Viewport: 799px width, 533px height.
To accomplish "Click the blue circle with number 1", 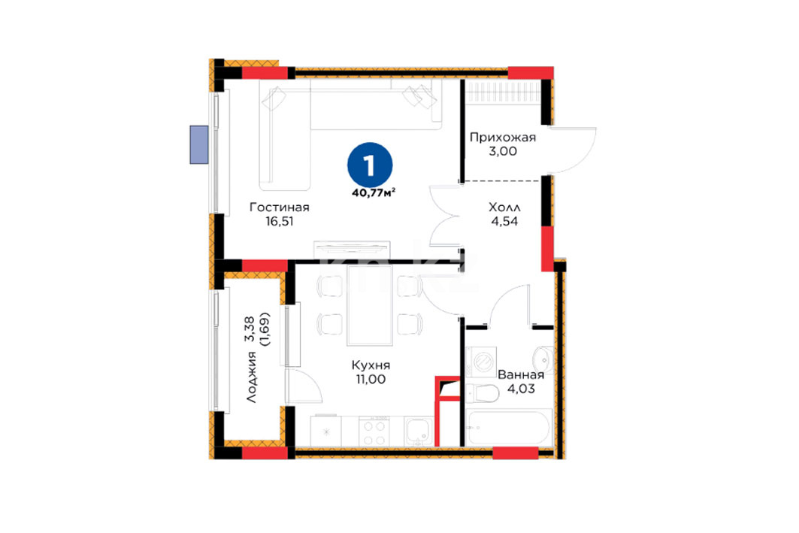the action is (370, 165).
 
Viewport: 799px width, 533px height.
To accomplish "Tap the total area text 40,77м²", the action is (374, 192).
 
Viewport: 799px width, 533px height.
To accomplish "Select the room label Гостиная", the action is (280, 207).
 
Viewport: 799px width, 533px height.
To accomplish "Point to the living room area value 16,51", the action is (280, 221).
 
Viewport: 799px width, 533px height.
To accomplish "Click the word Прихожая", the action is (503, 137).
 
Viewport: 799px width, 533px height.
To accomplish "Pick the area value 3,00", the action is (503, 151).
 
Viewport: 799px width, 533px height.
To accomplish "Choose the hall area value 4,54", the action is (504, 221).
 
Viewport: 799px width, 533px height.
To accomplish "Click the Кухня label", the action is (371, 365).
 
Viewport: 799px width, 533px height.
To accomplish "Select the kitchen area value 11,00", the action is (371, 380).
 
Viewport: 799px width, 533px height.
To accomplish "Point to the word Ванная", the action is (521, 374).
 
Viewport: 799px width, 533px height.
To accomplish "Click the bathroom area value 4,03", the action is (521, 389).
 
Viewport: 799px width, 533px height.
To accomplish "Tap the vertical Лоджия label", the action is (251, 377).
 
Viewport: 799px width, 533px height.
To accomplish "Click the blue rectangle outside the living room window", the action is (199, 145).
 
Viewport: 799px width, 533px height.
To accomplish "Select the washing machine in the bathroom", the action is (481, 362).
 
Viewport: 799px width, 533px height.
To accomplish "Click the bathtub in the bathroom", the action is (509, 427).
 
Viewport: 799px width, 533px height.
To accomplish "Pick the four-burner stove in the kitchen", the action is (374, 431).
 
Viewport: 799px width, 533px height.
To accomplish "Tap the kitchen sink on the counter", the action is (419, 431).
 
